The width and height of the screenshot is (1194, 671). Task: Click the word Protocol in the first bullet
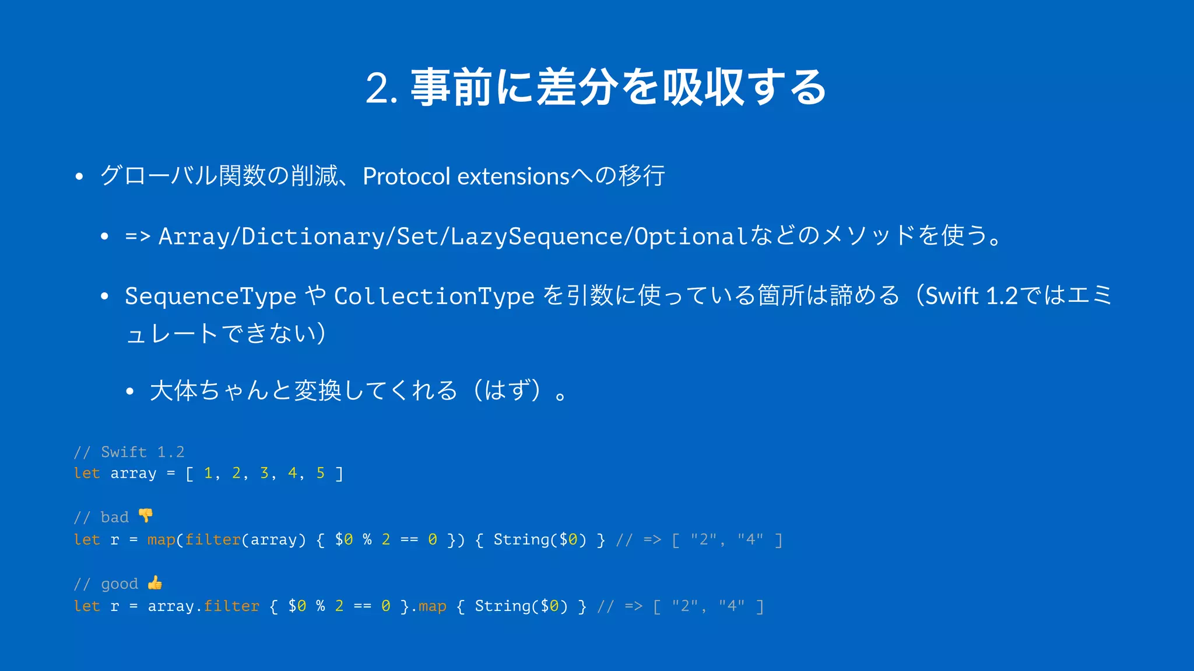point(406,176)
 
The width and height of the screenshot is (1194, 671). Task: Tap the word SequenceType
point(210,296)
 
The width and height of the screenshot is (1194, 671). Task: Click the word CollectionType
point(434,296)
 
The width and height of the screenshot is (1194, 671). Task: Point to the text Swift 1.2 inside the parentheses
point(971,296)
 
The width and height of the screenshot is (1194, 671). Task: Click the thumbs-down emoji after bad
point(146,515)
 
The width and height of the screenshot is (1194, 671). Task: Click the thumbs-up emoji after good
point(155,582)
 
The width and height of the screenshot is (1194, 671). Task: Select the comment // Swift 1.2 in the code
point(129,452)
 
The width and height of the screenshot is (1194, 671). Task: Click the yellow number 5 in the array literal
point(320,473)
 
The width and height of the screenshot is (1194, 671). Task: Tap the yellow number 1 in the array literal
point(208,473)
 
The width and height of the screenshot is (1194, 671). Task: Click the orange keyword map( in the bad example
point(162,540)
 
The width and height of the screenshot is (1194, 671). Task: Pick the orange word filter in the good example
point(231,606)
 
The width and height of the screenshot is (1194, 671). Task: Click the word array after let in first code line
point(134,474)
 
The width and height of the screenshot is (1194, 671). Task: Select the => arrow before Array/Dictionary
point(138,236)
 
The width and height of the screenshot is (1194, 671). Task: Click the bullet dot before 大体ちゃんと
point(130,391)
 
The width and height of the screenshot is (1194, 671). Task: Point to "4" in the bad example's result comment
point(750,540)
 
